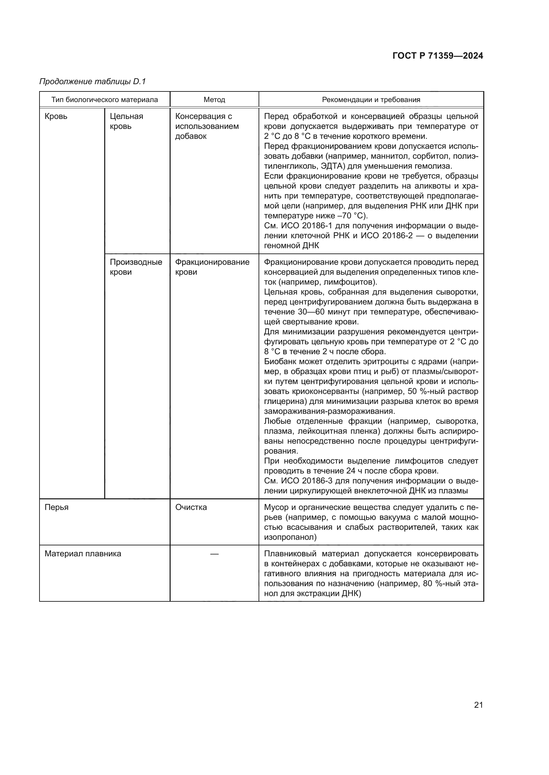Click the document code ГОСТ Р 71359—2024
pos(438,56)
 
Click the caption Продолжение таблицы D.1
pos(92,82)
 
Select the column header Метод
pos(214,100)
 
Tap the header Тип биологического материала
pos(105,100)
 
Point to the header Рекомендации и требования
pos(371,100)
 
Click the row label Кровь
pos(56,116)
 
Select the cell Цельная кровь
pos(126,122)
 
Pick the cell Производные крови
pos(136,267)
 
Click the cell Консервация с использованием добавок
pos(207,126)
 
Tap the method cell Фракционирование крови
pos(212,267)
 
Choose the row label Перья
pos(56,507)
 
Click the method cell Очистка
pos(191,507)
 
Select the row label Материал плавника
pos(83,554)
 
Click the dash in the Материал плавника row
pos(214,554)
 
